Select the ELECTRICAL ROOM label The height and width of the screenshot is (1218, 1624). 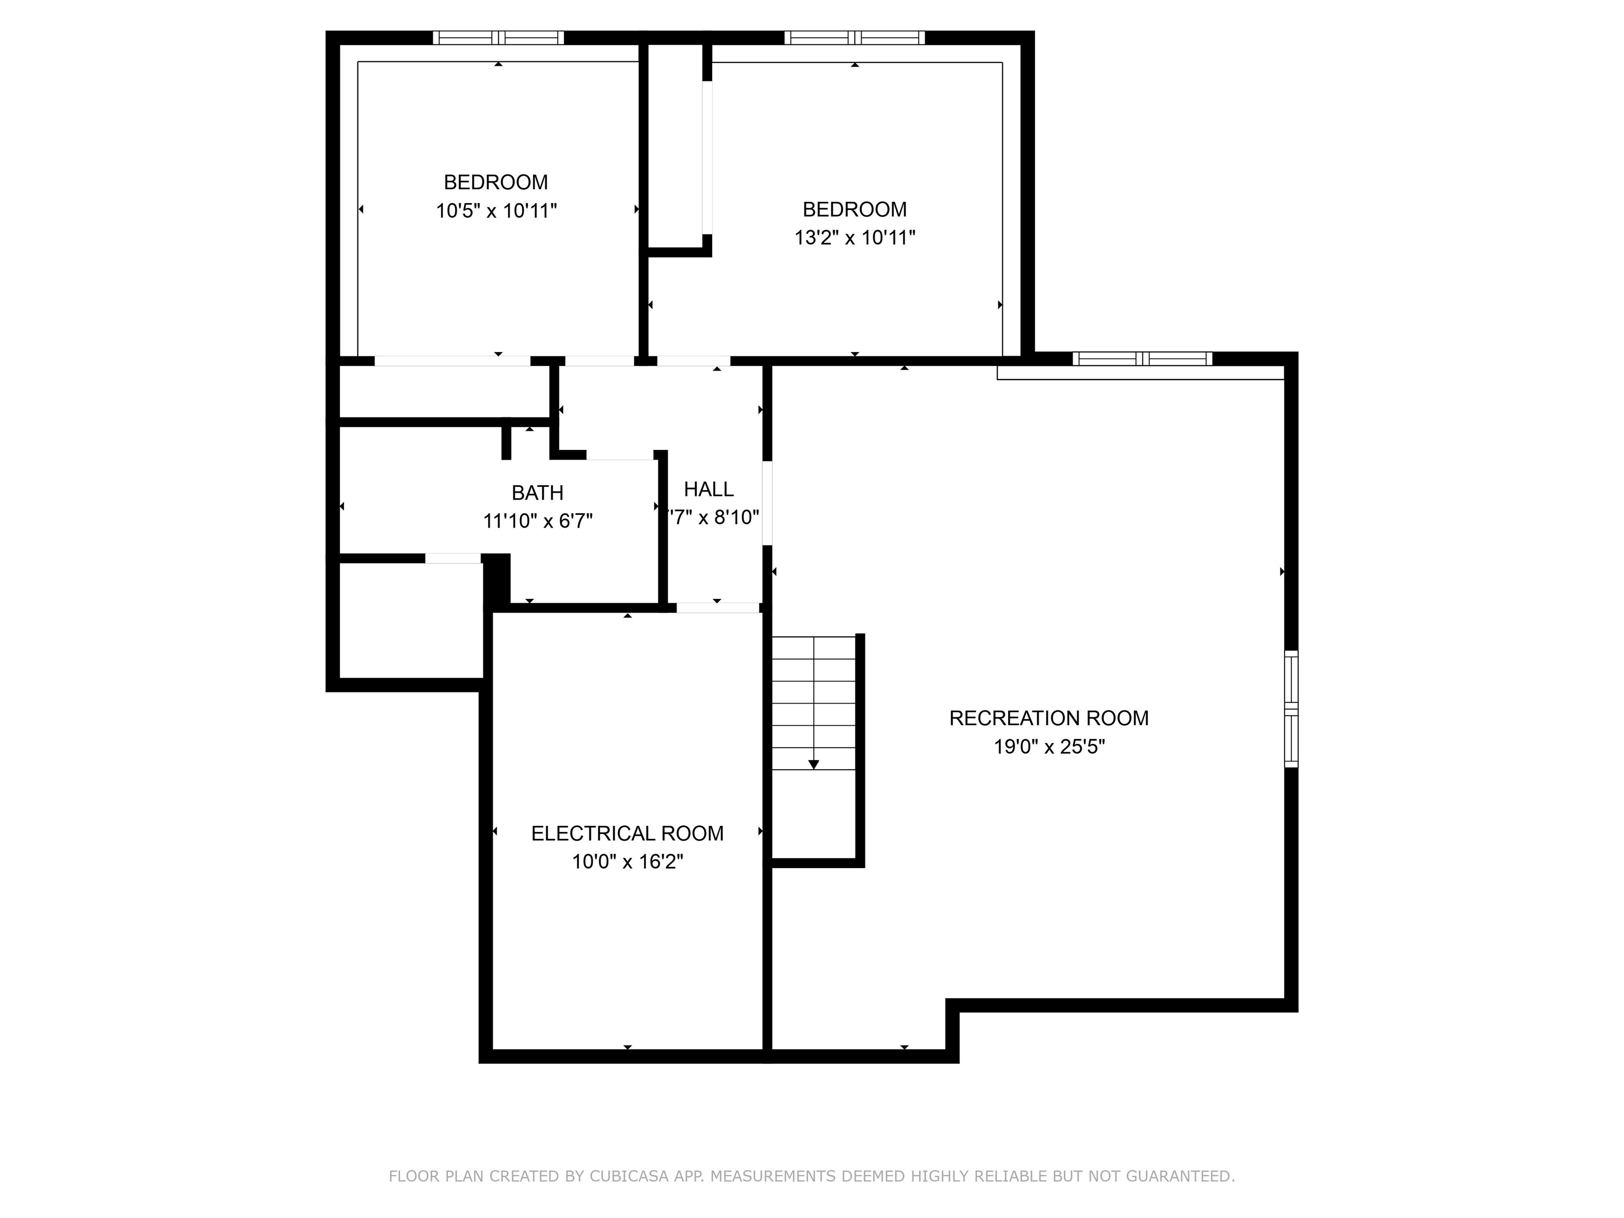point(627,833)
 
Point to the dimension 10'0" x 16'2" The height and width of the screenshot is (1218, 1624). point(627,861)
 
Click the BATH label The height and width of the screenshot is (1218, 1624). point(538,493)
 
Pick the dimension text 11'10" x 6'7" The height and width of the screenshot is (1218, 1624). point(538,521)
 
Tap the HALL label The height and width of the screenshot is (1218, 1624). point(708,489)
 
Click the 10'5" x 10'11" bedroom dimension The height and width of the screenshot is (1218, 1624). point(496,211)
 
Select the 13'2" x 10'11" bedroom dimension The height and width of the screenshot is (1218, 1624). point(855,238)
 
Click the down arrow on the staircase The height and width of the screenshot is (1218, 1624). point(814,764)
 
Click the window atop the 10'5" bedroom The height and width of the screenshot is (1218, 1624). point(498,38)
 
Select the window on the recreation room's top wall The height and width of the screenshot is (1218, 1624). point(1142,358)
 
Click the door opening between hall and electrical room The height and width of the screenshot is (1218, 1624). point(717,607)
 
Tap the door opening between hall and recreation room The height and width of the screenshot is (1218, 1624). point(767,503)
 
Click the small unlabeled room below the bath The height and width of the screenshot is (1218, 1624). point(410,621)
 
